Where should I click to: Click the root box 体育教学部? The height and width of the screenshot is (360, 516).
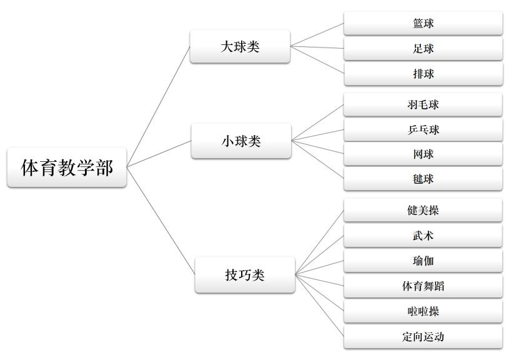(x=67, y=167)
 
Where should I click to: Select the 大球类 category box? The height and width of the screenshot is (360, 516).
(x=240, y=46)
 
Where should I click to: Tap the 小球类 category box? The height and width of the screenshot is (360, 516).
(x=241, y=141)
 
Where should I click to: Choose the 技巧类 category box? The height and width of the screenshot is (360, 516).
(x=244, y=274)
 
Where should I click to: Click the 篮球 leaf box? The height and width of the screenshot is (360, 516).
(x=423, y=23)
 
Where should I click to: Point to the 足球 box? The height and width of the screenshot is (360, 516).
(x=423, y=48)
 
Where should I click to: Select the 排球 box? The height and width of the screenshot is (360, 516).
(x=423, y=73)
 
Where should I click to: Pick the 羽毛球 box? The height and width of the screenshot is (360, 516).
(x=423, y=104)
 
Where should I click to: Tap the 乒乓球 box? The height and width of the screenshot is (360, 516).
(x=423, y=129)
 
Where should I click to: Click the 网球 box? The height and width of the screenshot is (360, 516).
(x=423, y=154)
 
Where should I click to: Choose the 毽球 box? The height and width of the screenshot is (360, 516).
(x=423, y=179)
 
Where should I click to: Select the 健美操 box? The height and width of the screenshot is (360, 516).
(x=423, y=210)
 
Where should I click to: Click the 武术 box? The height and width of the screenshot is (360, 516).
(x=423, y=236)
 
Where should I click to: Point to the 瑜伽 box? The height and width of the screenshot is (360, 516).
(x=423, y=261)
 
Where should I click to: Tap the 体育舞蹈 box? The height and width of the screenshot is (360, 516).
(x=423, y=286)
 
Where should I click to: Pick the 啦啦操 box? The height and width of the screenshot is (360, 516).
(x=423, y=311)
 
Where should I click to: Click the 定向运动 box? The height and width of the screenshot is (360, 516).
(x=423, y=336)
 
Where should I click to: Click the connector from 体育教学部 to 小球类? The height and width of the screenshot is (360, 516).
(x=159, y=154)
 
